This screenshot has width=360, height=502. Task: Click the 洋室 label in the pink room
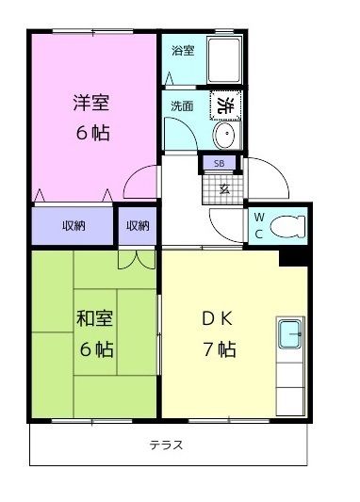coord(91,102)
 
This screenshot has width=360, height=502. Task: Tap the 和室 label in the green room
coord(94,318)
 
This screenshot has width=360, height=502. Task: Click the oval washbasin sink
coord(224,138)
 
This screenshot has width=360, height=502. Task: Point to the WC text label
coord(259,226)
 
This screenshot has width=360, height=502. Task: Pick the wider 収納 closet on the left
coord(74,226)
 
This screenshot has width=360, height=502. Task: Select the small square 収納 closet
coord(138,226)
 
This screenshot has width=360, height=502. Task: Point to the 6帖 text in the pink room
coord(92,133)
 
